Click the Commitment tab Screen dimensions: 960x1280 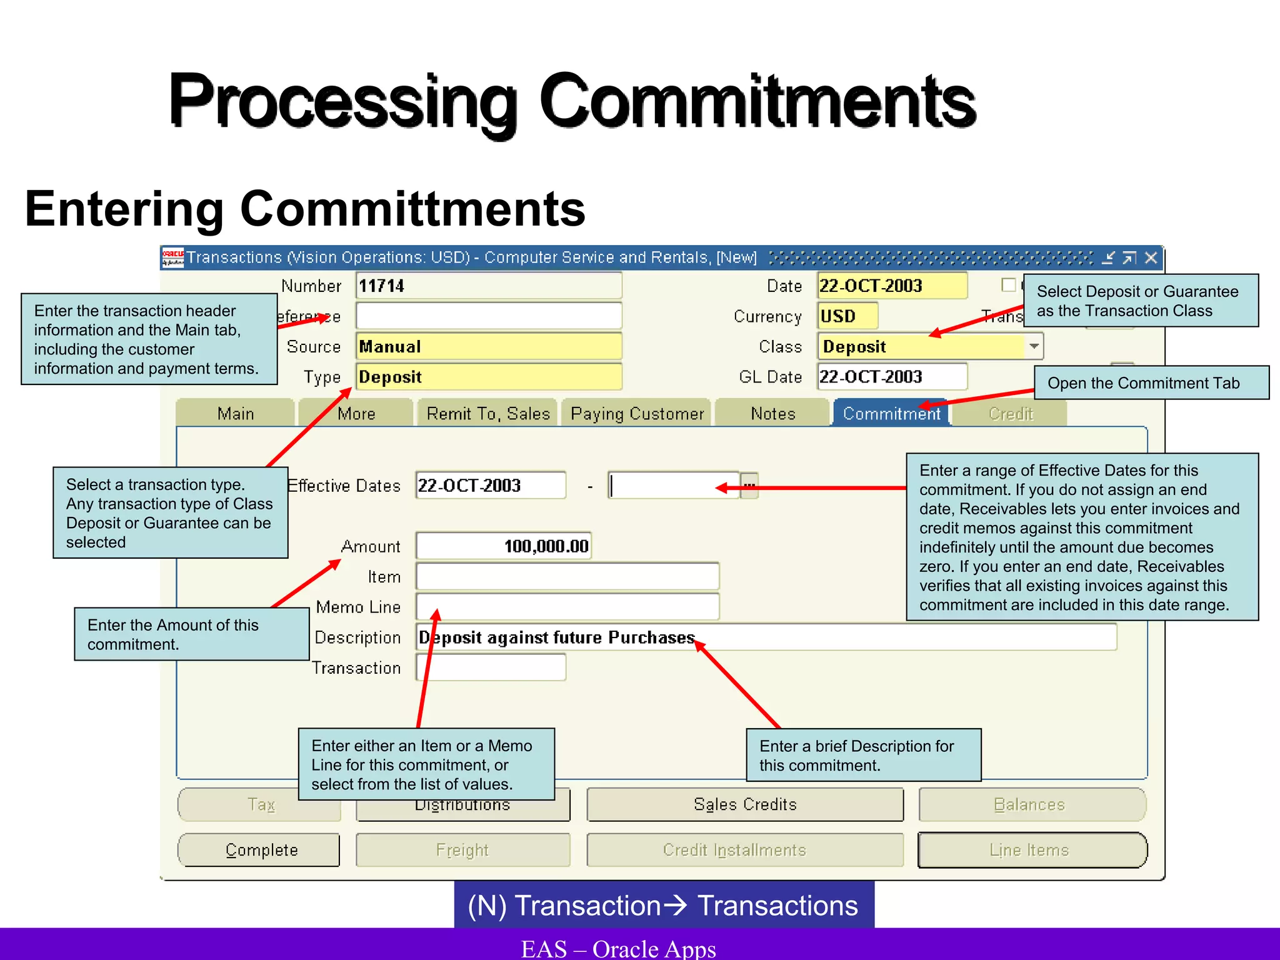point(891,414)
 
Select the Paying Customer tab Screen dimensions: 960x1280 point(637,414)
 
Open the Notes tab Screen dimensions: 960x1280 point(773,414)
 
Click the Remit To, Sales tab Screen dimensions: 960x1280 point(488,414)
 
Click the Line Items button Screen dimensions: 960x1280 point(1031,850)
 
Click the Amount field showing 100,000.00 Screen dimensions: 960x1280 point(504,546)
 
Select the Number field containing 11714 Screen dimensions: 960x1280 point(488,286)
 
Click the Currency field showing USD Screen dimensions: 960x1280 point(847,316)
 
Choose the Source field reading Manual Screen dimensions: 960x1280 point(488,347)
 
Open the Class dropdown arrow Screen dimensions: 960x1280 point(1034,346)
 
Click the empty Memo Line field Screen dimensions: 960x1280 point(567,607)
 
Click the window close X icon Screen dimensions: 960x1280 point(1151,258)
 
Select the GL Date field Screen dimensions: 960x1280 point(892,377)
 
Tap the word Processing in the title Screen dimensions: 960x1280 point(343,102)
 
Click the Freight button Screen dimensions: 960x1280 point(462,850)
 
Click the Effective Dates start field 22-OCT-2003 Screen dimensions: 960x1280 point(491,486)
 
